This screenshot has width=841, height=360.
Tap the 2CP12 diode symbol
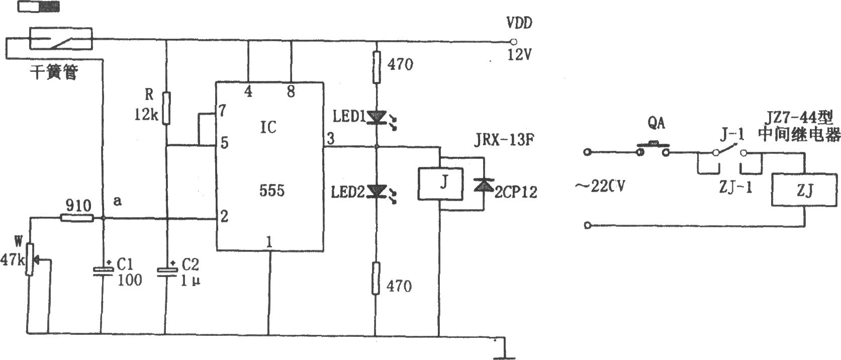coord(484,185)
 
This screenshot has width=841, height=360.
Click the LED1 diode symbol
coord(376,118)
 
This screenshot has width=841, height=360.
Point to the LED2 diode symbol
coord(376,192)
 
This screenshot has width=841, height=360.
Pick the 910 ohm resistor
coord(77,217)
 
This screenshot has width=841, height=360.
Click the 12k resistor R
coord(166,108)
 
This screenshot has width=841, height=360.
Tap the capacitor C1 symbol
coord(103,272)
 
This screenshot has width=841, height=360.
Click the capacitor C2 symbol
coord(166,272)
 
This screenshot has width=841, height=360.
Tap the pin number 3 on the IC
coord(330,138)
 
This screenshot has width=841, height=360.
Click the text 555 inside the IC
coord(272,191)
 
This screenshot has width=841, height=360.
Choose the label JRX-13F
coord(504,140)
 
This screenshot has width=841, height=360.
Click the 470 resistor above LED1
coord(376,67)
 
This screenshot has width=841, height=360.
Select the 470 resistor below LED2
coord(376,278)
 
